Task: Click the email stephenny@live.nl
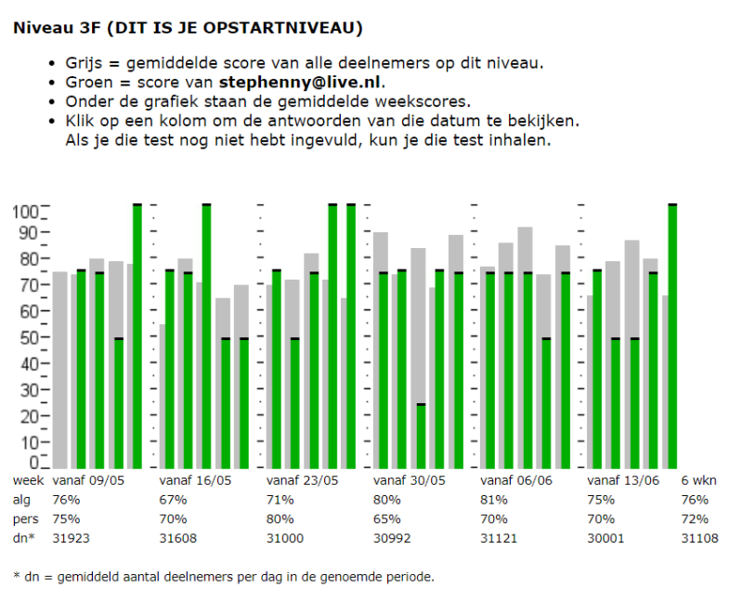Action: pyautogui.click(x=301, y=81)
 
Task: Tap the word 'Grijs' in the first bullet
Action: pyautogui.click(x=84, y=63)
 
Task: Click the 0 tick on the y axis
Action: pyautogui.click(x=33, y=462)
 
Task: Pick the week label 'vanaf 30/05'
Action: pyautogui.click(x=410, y=480)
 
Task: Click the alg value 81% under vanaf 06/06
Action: pyautogui.click(x=493, y=499)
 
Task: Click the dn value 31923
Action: pyautogui.click(x=72, y=537)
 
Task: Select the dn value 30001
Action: pyautogui.click(x=606, y=537)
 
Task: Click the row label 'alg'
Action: pyautogui.click(x=21, y=499)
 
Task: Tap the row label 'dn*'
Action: pyautogui.click(x=23, y=537)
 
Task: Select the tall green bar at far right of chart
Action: pyautogui.click(x=672, y=334)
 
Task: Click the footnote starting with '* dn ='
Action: pyautogui.click(x=224, y=576)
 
